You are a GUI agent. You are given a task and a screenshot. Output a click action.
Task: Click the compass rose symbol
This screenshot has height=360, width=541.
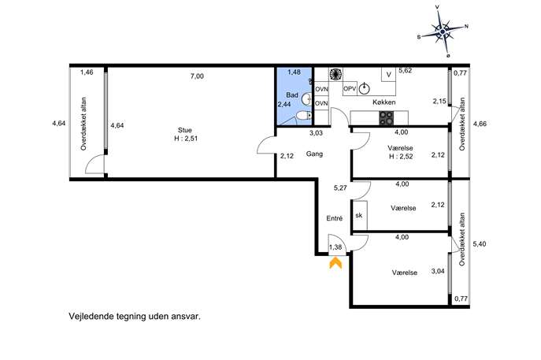coord(443,32)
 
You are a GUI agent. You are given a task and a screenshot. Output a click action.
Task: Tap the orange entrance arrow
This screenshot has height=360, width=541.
coord(335,263)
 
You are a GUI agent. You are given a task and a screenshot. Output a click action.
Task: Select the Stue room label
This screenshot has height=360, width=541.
coord(185,130)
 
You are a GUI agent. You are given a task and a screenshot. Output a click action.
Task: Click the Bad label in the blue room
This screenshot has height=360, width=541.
coord(292,95)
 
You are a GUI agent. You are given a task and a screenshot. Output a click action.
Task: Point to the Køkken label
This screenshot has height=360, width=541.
coord(384,102)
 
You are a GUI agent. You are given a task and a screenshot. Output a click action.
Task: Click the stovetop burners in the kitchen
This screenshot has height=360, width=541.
coord(386,117)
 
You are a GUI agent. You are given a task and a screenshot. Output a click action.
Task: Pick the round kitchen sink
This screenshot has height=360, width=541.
coord(365,89)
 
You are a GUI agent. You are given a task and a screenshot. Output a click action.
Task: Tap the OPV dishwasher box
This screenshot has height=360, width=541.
coord(350,89)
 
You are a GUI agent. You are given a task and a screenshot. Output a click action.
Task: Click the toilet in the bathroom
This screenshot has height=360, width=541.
coord(304,116)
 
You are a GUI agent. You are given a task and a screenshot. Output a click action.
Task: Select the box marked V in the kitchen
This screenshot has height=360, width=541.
coord(388,75)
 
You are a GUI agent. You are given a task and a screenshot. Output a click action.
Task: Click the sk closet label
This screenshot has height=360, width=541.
coord(359,215)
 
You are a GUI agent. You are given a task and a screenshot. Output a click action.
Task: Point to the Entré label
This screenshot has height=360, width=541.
coord(335,218)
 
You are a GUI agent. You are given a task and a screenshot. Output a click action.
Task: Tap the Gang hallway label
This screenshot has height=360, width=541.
coord(314,154)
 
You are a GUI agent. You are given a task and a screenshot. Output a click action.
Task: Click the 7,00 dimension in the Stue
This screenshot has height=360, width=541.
coord(197,76)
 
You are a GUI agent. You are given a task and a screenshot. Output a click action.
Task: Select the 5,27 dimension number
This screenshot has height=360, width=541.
coord(340,188)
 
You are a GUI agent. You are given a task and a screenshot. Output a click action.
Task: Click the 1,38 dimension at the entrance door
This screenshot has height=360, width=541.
coord(335,247)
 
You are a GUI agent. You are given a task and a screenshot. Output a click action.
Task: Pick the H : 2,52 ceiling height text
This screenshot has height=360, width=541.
coord(401,156)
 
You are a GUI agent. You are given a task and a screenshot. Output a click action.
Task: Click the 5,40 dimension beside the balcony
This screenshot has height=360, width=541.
coord(480,243)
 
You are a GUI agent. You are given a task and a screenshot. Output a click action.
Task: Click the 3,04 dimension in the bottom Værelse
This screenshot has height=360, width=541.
coord(438,271)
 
